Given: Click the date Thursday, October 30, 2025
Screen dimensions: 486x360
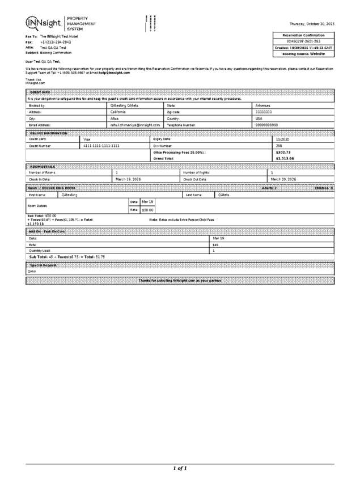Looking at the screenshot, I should tap(312, 24).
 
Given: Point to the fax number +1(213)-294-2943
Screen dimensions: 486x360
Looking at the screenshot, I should tap(56, 42).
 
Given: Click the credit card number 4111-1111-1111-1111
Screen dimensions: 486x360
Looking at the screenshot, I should tap(101, 146).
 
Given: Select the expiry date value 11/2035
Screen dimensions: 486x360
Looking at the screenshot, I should tap(282, 139).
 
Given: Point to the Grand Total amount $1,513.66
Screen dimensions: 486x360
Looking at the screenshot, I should tap(285, 158).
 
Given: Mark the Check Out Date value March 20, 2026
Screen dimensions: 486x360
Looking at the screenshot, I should tap(283, 179).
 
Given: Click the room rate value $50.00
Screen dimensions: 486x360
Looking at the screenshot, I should tap(147, 210).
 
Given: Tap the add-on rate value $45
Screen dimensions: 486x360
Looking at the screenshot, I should tap(215, 244).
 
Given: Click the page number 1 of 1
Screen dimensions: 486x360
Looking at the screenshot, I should tap(180, 468).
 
